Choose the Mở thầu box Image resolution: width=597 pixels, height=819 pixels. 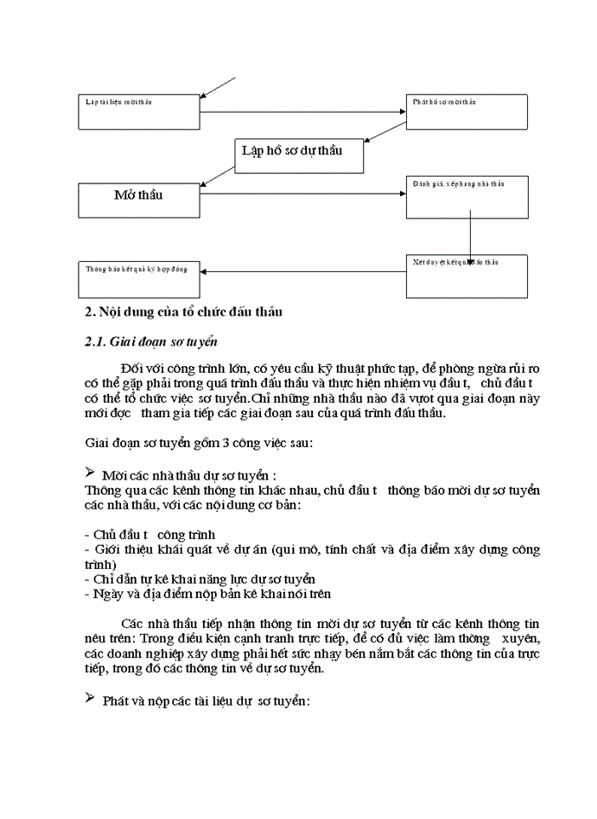138,200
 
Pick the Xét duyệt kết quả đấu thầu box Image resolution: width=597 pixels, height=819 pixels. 478,276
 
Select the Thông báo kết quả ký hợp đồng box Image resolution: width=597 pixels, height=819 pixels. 138,274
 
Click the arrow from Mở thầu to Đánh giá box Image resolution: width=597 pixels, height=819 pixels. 303,195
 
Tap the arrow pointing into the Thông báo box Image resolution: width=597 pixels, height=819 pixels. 303,272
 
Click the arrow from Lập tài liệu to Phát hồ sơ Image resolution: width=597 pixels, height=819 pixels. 303,112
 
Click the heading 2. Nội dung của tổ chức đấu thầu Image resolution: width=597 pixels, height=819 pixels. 184,312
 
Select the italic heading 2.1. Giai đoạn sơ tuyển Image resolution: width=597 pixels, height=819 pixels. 151,343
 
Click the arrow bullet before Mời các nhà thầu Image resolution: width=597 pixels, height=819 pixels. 90,472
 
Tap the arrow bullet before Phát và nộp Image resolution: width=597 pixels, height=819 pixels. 90,700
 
